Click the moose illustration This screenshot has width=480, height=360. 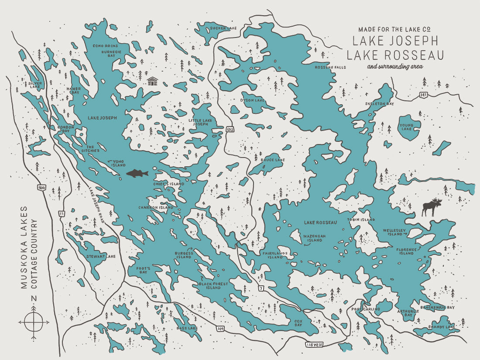coord(431,208)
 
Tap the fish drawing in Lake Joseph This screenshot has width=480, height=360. coord(137,174)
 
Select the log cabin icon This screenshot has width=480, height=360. coord(152,81)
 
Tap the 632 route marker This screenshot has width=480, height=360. coord(230,130)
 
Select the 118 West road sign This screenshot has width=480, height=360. coord(314,345)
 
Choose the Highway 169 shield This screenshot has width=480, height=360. coord(222,328)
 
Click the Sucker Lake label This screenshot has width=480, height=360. coord(223,28)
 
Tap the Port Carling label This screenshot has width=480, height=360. coord(366,309)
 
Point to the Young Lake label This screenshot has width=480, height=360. coord(406,127)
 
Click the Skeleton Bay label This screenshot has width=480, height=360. coord(379,104)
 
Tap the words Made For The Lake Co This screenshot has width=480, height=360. coord(394,30)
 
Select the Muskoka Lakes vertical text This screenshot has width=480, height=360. coord(24,247)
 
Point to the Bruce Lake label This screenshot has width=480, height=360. coord(272,160)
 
